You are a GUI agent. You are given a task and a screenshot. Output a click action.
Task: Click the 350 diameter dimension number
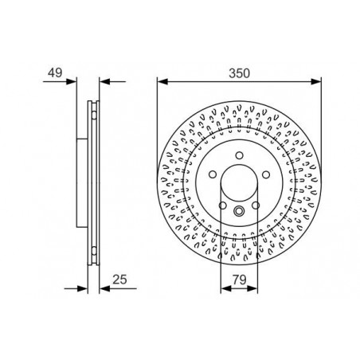[x=239, y=73]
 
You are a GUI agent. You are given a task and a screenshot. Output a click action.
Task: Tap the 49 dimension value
[x=55, y=72]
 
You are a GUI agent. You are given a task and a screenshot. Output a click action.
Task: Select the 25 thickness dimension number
[x=119, y=280]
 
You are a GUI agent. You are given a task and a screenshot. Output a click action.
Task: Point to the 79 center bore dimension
[x=240, y=280]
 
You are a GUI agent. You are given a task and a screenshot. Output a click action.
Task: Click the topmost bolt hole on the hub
[x=240, y=155]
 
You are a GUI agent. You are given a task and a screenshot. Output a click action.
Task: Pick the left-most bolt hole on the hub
[x=213, y=174]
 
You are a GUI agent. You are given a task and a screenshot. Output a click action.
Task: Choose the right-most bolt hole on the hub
[x=266, y=174]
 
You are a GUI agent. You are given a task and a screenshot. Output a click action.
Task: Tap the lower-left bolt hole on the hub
[x=223, y=205]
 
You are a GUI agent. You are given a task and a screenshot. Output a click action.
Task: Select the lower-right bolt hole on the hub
[x=256, y=205]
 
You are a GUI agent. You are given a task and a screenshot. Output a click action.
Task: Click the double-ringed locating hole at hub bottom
[x=239, y=211]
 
